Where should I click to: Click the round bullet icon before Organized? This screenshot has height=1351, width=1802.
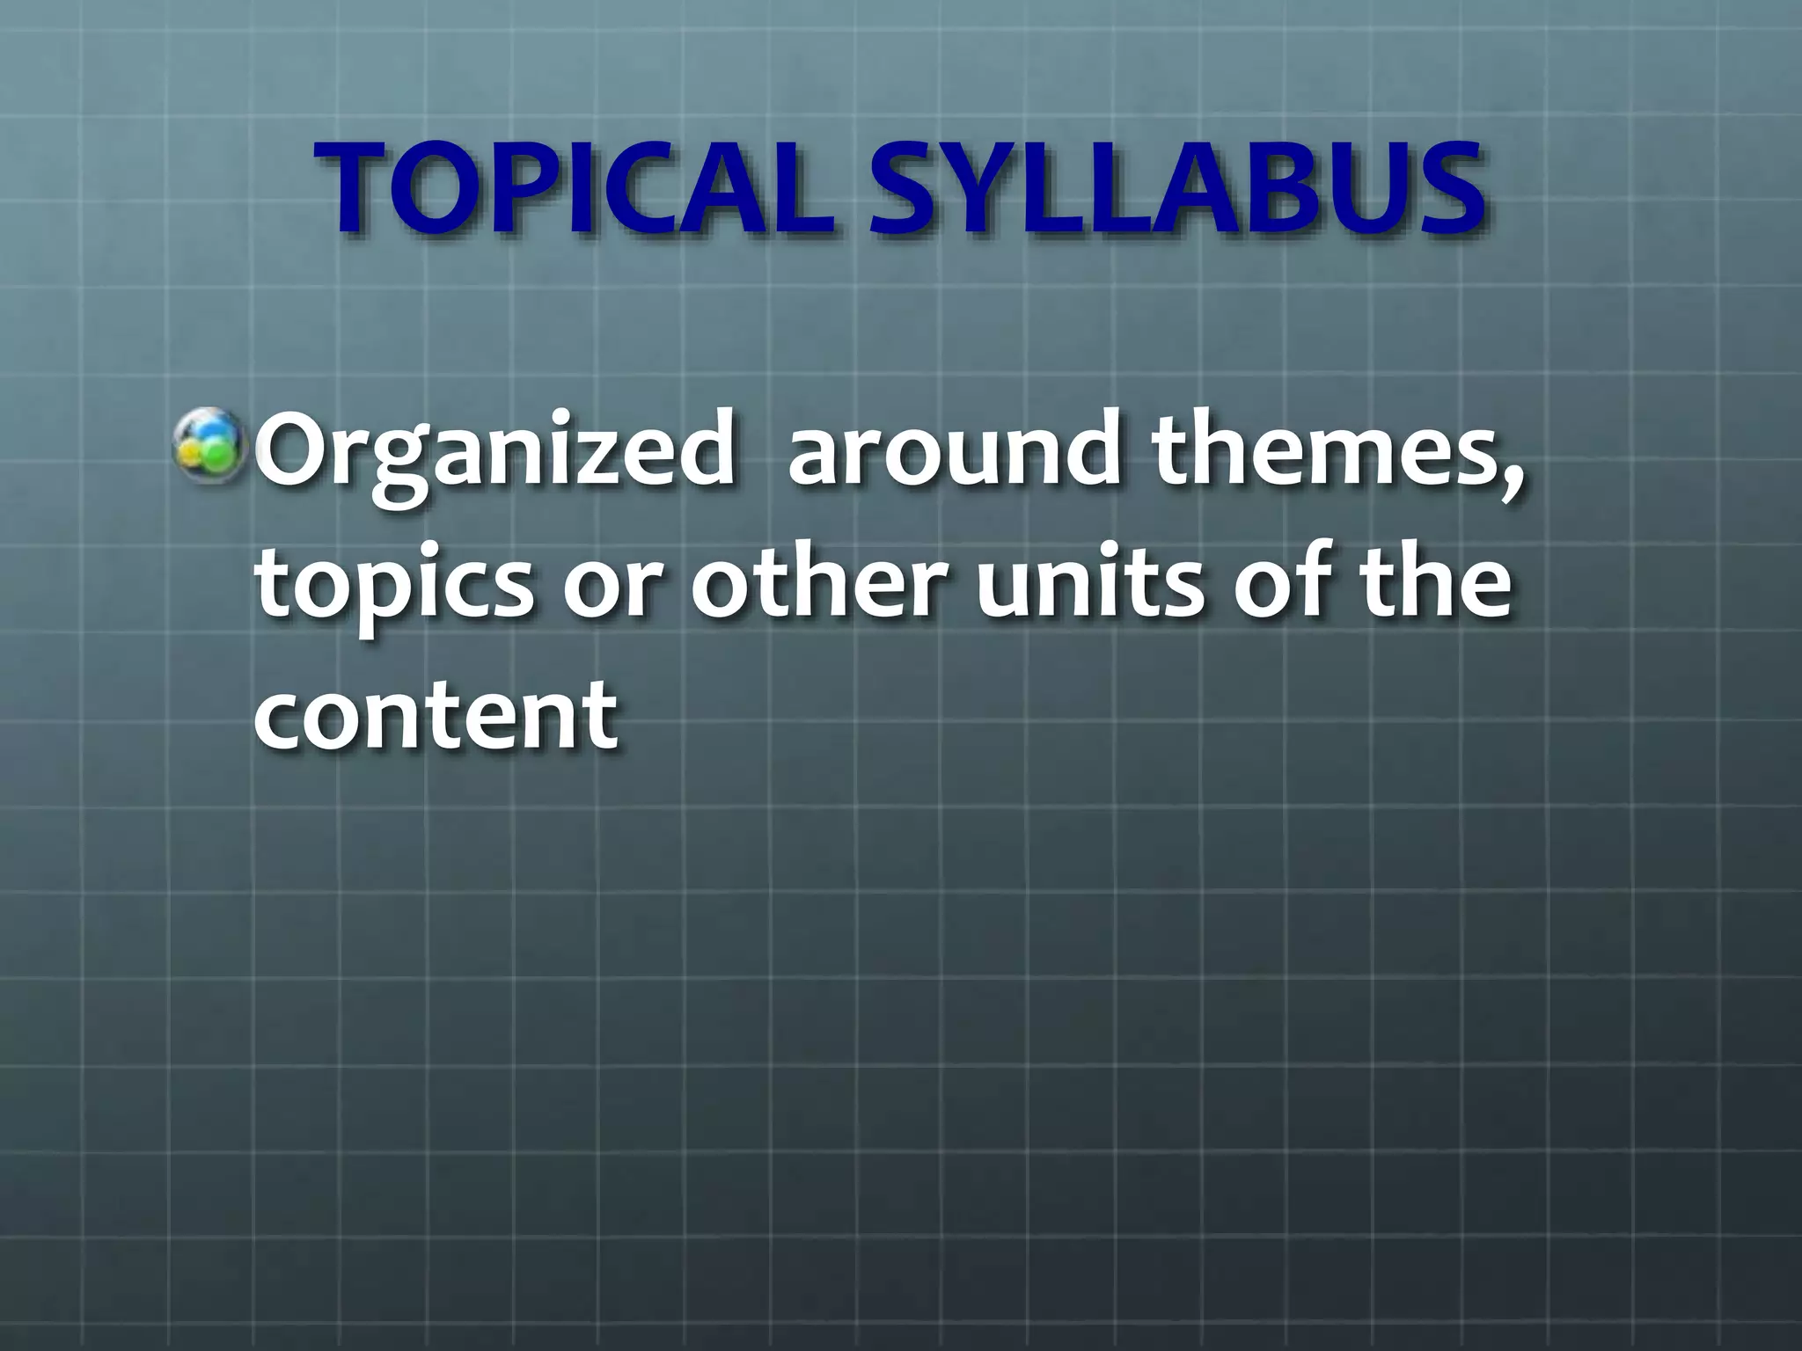tap(209, 446)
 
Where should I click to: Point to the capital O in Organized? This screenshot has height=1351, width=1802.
tap(295, 450)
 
